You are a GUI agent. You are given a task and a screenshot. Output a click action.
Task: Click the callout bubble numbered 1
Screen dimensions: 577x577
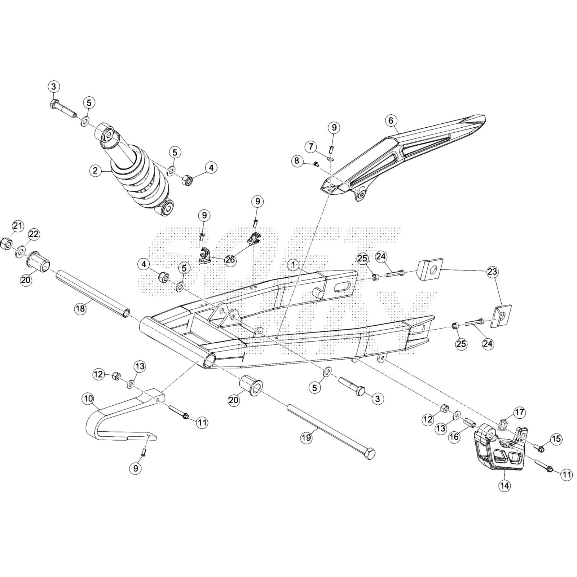pos(294,265)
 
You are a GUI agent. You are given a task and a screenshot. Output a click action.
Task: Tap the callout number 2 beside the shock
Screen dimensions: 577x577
pos(95,171)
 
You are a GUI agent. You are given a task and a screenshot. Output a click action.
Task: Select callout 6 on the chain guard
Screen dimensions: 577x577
pos(391,120)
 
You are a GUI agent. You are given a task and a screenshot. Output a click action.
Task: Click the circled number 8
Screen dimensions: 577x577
pos(297,160)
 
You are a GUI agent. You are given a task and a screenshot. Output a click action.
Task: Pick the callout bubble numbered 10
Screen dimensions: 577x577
pos(88,399)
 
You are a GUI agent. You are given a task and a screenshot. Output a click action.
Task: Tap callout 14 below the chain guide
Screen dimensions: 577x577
pos(505,486)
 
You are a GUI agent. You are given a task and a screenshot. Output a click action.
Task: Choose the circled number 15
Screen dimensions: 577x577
pos(556,439)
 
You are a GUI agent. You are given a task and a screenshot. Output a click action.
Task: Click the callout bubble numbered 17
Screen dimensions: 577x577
pos(520,412)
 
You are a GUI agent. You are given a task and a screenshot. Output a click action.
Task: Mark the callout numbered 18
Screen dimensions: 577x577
pos(80,308)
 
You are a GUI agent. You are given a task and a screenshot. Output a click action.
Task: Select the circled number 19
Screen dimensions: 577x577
pos(307,438)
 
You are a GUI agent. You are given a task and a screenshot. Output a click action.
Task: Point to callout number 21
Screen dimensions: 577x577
pos(17,226)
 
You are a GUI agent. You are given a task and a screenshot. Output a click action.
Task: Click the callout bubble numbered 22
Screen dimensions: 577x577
pos(34,234)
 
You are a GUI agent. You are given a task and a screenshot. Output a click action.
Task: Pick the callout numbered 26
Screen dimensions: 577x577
pos(230,260)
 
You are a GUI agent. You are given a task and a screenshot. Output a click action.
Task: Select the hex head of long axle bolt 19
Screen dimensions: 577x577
pos(369,454)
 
